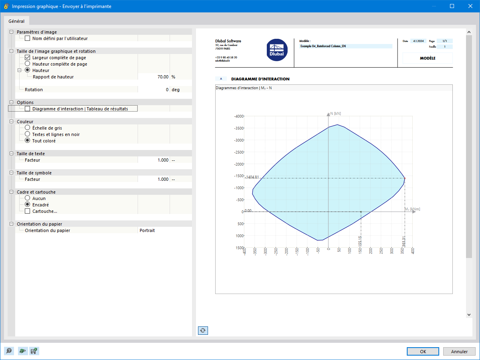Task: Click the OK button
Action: (x=423, y=352)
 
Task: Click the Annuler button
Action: (x=459, y=352)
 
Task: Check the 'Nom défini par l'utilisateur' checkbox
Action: (x=28, y=38)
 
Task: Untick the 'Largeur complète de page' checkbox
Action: (x=28, y=58)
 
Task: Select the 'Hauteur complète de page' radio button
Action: (x=28, y=64)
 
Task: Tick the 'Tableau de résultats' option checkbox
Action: (x=28, y=109)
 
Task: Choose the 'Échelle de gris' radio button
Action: (x=28, y=128)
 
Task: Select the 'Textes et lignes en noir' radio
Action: (x=28, y=134)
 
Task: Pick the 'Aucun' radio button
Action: (x=28, y=198)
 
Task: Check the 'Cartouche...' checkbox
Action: (x=28, y=211)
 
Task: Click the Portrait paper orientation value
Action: (x=147, y=230)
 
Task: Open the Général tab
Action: (x=16, y=21)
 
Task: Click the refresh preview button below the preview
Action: (x=203, y=330)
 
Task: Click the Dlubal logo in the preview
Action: (x=277, y=50)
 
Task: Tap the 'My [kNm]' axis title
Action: (x=412, y=209)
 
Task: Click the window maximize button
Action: (x=452, y=6)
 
